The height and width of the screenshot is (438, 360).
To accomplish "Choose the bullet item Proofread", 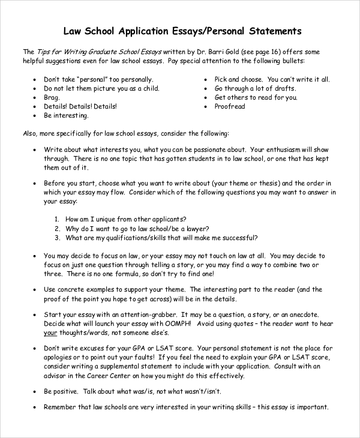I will [x=230, y=106].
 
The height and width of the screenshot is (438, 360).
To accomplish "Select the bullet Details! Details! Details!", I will [x=80, y=106].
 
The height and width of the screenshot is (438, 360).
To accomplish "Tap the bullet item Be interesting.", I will [x=66, y=115].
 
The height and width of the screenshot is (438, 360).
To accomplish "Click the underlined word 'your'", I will [x=50, y=333].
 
